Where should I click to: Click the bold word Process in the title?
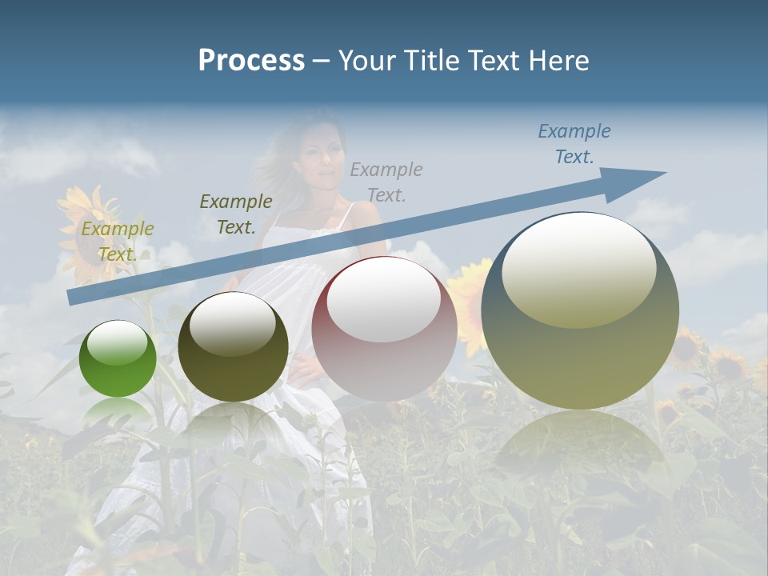pos(251,60)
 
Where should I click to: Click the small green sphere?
pos(118,358)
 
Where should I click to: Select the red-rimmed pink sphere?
pos(384,328)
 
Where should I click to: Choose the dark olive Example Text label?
pos(236,214)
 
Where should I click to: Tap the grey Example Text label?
pos(386,182)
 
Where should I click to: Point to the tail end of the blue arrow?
pos(74,298)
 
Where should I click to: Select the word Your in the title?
pos(363,61)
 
